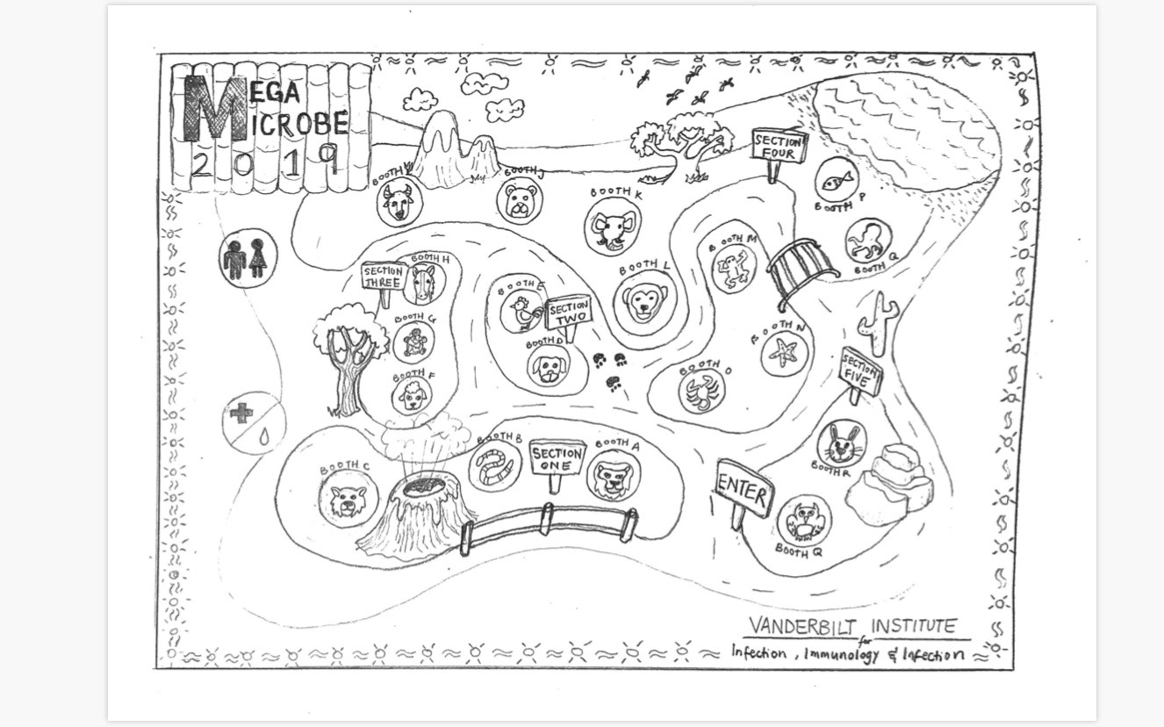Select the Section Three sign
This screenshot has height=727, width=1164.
click(x=383, y=277)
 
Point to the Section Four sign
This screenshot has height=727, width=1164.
click(x=778, y=148)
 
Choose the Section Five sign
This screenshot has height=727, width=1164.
click(x=859, y=372)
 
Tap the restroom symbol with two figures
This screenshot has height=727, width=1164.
click(x=247, y=258)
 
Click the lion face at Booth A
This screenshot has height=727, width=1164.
click(x=613, y=476)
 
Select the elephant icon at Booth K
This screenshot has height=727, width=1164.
click(x=611, y=227)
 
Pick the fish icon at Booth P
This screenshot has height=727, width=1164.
click(x=834, y=181)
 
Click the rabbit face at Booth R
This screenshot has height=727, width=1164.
click(x=841, y=444)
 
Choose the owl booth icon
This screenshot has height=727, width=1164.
click(x=802, y=520)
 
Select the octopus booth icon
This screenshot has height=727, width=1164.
click(x=868, y=241)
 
